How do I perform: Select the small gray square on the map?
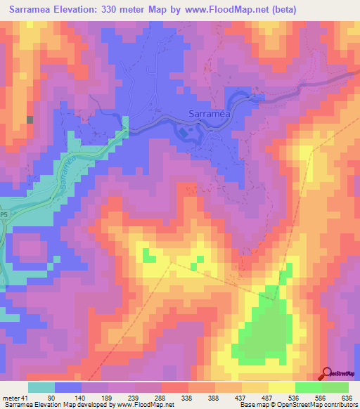point(30,119)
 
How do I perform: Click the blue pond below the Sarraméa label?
point(184,132)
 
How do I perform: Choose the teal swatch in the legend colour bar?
point(41,387)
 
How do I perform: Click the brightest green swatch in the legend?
point(335,387)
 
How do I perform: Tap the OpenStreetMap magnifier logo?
point(327,374)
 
